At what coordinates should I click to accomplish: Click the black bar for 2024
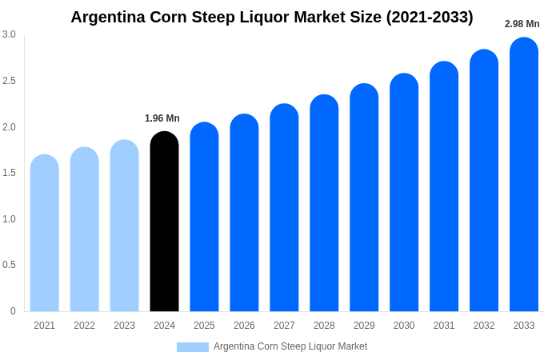(x=164, y=224)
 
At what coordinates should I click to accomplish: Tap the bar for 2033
(x=524, y=176)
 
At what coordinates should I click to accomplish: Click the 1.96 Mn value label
(x=162, y=118)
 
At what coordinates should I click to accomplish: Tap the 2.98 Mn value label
(x=522, y=24)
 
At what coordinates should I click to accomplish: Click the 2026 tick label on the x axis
(x=244, y=326)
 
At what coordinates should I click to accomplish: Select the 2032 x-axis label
(x=484, y=326)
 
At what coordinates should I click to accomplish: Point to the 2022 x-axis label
(x=84, y=326)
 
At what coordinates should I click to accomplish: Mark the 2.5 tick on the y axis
(x=9, y=81)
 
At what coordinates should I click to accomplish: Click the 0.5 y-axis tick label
(x=9, y=265)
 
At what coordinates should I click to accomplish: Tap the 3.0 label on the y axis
(x=9, y=34)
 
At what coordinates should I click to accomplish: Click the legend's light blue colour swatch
(x=192, y=347)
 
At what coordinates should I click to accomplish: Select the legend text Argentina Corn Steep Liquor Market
(x=290, y=346)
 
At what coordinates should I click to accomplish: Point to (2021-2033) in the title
(x=430, y=17)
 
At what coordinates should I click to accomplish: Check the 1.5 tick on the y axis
(x=9, y=173)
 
